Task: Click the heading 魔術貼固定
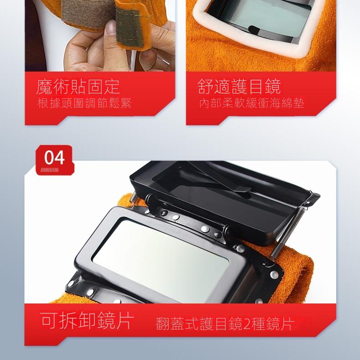pyautogui.click(x=78, y=87)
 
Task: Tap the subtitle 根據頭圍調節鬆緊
pyautogui.click(x=84, y=103)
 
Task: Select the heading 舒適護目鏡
pyautogui.click(x=239, y=87)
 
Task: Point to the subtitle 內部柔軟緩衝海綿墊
pyautogui.click(x=252, y=103)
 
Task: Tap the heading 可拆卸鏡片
pyautogui.click(x=87, y=320)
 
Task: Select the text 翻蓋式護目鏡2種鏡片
pyautogui.click(x=225, y=324)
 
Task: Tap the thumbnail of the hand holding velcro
pyautogui.click(x=100, y=36)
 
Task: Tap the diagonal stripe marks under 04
pyautogui.click(x=49, y=170)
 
